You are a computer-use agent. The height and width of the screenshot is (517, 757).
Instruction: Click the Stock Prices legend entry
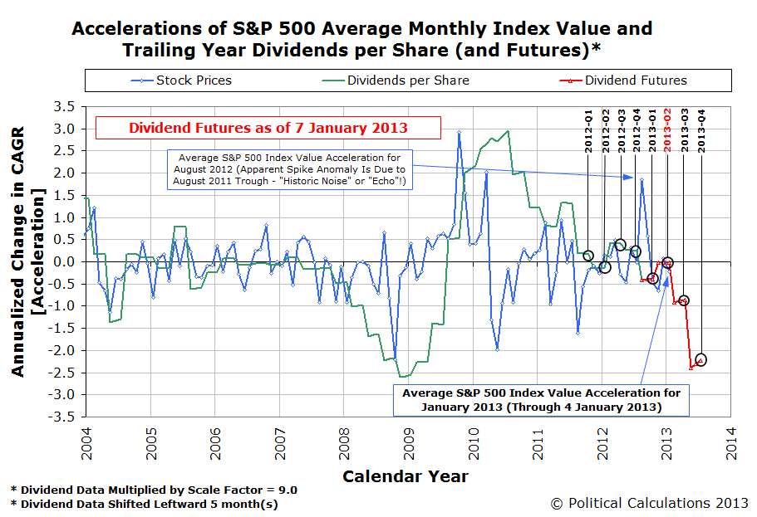click(181, 80)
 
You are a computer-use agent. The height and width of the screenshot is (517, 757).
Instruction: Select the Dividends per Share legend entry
click(396, 80)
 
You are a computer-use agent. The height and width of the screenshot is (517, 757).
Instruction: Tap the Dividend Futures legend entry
click(622, 80)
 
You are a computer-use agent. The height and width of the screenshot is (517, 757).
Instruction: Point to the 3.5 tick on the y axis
click(64, 106)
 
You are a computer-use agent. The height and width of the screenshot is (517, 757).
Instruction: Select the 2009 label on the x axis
click(409, 444)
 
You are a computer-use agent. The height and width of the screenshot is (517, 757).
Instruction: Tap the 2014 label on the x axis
click(731, 444)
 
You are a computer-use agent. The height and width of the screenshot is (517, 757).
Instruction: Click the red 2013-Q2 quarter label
click(668, 130)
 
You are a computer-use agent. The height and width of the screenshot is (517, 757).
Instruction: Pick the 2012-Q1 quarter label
click(588, 130)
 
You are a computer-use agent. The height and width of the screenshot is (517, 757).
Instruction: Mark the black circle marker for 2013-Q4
click(700, 360)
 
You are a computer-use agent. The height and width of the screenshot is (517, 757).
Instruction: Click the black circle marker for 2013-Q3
click(684, 300)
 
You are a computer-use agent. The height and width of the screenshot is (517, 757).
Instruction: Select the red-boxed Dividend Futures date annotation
click(268, 128)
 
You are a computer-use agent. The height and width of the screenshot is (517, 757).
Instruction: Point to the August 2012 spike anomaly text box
click(290, 169)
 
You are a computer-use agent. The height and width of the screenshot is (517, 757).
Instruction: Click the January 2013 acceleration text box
click(541, 400)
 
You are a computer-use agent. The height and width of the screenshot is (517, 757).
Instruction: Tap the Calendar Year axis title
click(406, 476)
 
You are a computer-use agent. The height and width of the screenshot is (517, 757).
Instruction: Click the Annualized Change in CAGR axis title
click(28, 251)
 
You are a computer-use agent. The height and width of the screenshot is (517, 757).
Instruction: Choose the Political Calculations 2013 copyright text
click(649, 504)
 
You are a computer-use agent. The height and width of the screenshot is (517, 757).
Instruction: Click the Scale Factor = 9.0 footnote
click(154, 490)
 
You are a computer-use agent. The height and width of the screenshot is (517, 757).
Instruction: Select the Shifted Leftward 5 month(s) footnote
click(145, 505)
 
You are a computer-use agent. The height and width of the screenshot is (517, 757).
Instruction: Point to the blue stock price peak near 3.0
click(459, 132)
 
